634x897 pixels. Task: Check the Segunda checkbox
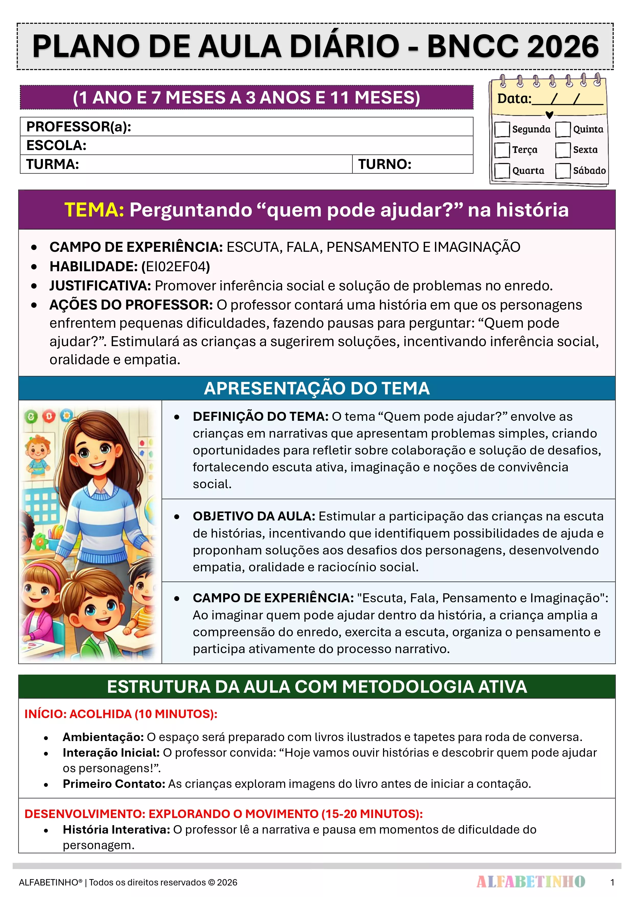coord(502,129)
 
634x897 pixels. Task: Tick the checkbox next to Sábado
coord(563,171)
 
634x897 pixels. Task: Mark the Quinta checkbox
coord(563,129)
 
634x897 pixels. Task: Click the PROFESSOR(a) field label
coord(78,127)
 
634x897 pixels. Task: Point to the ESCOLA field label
coord(56,145)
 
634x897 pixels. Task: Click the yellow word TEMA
coord(94,210)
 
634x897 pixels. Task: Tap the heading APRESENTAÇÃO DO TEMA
coord(317,388)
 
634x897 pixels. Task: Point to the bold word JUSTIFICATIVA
coord(100,286)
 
